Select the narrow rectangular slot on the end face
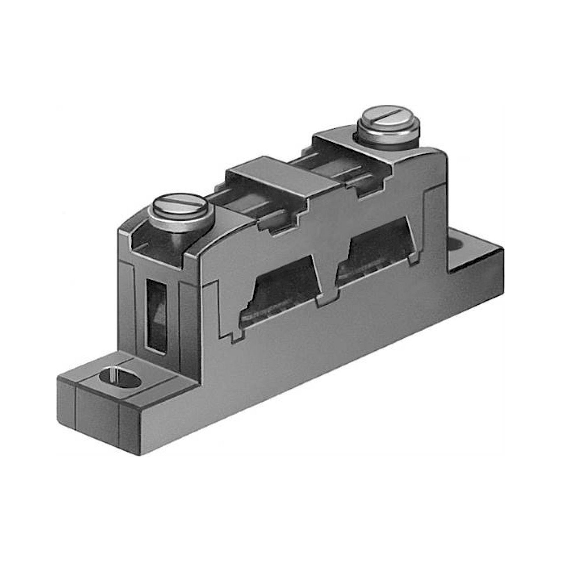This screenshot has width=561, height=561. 157,316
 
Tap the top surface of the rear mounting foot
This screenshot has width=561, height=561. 476,256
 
